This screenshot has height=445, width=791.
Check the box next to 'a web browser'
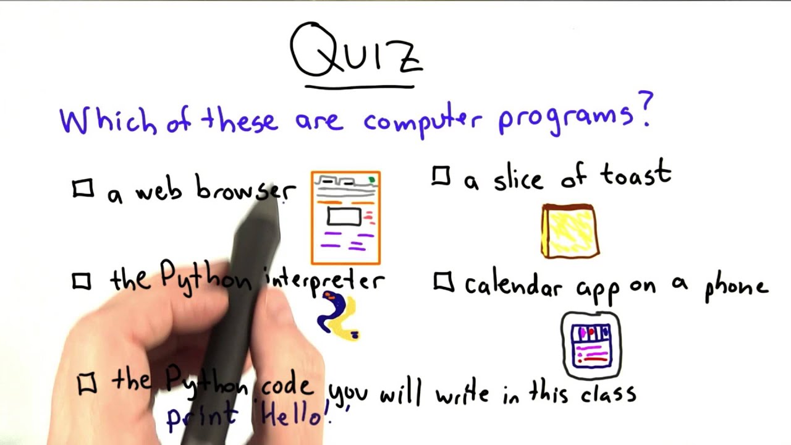(83, 189)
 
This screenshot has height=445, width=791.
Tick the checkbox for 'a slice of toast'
(441, 177)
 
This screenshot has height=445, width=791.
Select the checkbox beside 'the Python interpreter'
(82, 282)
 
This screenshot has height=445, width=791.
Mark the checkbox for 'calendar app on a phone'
(443, 282)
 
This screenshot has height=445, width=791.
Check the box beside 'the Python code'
(87, 384)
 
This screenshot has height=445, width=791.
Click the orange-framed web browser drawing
(345, 218)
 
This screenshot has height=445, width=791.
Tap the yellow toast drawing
(570, 231)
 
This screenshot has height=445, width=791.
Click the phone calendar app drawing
(591, 345)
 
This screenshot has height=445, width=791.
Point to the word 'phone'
(737, 287)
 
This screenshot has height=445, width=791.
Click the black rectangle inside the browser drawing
(344, 217)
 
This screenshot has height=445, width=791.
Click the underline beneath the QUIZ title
(360, 87)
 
